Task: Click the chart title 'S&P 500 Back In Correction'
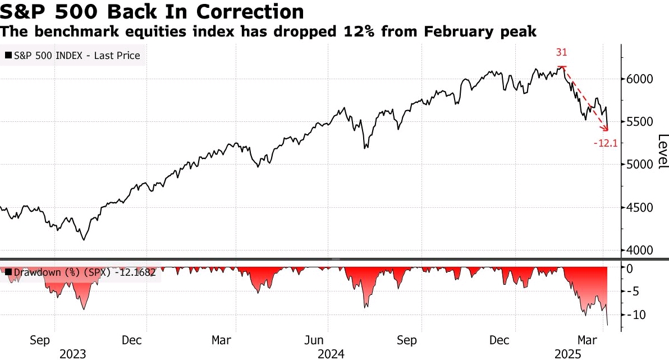pyautogui.click(x=153, y=11)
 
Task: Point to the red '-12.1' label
pyautogui.click(x=605, y=144)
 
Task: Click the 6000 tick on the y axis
pyautogui.click(x=640, y=79)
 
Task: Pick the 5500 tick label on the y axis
pyautogui.click(x=640, y=122)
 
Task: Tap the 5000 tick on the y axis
pyautogui.click(x=640, y=165)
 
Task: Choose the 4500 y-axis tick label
pyautogui.click(x=640, y=208)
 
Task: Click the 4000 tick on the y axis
pyautogui.click(x=640, y=250)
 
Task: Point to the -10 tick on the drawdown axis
pyautogui.click(x=639, y=314)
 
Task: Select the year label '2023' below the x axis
pyautogui.click(x=73, y=354)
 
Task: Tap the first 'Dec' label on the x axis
pyautogui.click(x=131, y=340)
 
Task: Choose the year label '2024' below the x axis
pyautogui.click(x=331, y=354)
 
